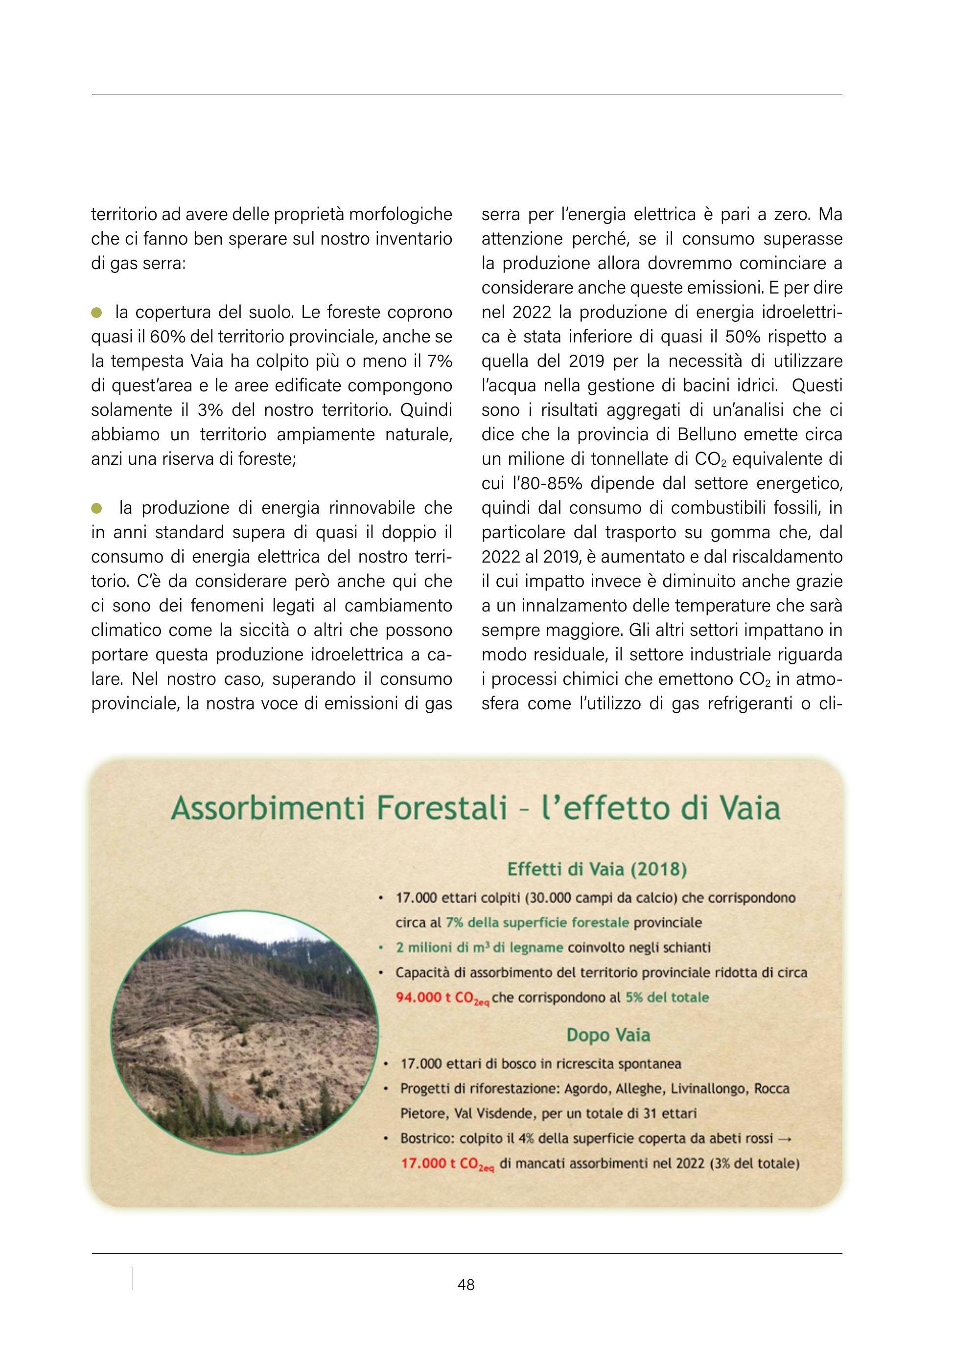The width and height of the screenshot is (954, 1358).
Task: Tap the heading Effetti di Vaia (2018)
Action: [x=597, y=869]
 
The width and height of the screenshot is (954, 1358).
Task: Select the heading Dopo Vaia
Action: [x=608, y=1035]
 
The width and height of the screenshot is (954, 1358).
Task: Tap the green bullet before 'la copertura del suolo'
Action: [x=96, y=312]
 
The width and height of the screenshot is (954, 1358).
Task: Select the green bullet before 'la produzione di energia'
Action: [x=96, y=508]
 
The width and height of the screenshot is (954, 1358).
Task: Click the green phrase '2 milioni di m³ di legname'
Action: [x=479, y=948]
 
